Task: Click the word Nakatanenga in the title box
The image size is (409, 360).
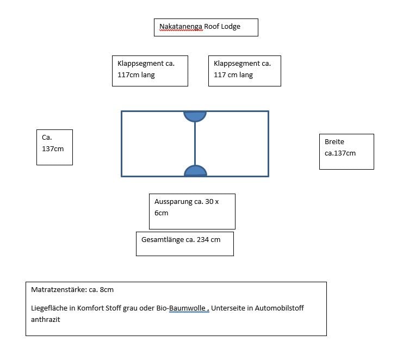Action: pos(181,27)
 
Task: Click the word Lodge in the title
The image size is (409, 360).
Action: pos(232,27)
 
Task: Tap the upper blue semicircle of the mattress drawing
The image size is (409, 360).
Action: pos(195,116)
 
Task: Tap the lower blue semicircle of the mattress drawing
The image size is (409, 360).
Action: pos(195,171)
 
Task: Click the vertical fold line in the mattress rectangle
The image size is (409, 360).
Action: pos(195,144)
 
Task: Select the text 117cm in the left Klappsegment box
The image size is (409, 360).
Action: pos(128,75)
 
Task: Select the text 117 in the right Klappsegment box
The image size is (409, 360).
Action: pos(220,75)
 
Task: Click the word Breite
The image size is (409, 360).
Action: pos(334,142)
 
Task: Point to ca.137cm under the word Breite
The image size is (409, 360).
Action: pos(340,153)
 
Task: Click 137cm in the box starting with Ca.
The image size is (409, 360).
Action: pos(53,149)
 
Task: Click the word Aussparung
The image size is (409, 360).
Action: pos(173,202)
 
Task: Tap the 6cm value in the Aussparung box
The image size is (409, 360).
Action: pos(161,213)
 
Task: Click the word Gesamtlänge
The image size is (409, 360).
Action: pos(163,240)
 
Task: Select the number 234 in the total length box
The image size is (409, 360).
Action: pos(203,240)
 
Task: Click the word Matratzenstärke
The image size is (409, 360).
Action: pos(59,290)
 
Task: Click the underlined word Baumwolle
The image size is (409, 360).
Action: pos(187,308)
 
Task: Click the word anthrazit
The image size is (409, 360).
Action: pos(45,320)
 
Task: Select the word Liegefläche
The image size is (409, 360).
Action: pos(49,308)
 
